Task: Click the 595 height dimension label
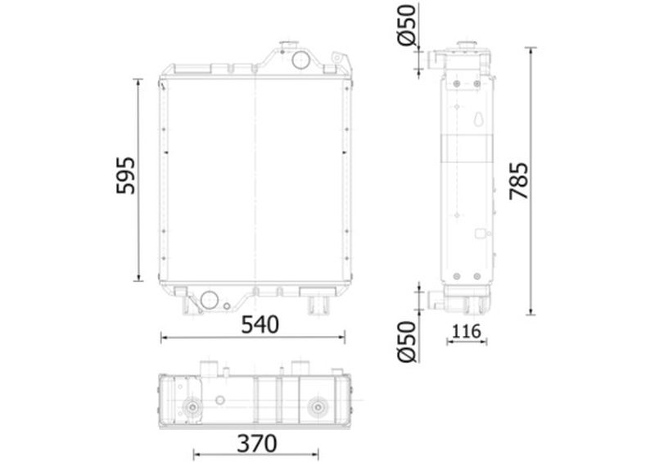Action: (x=126, y=175)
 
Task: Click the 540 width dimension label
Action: (x=260, y=324)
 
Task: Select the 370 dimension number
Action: (x=257, y=444)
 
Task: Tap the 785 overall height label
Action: (x=519, y=180)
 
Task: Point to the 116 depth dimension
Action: (x=467, y=332)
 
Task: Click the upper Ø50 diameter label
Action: (x=407, y=25)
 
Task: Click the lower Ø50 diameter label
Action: (x=407, y=341)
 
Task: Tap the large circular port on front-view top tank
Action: (x=300, y=60)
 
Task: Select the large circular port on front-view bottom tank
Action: (x=210, y=300)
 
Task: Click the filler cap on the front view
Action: (x=289, y=44)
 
